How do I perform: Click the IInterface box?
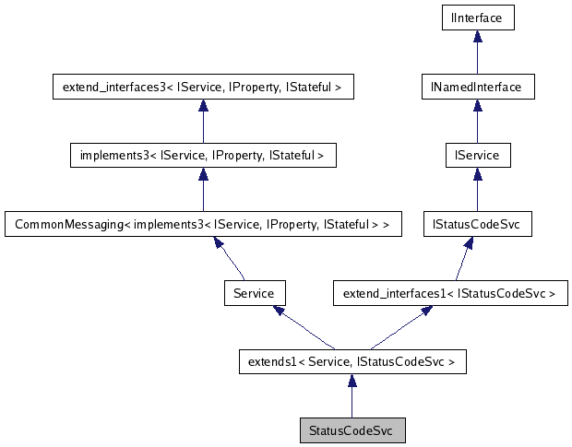click(477, 17)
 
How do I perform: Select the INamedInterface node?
click(477, 87)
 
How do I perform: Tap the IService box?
click(477, 155)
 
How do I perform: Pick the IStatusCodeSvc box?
click(477, 224)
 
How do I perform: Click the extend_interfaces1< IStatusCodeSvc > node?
click(449, 294)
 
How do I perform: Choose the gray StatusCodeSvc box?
click(352, 430)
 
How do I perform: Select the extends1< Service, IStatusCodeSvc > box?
click(352, 362)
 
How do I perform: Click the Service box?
click(254, 294)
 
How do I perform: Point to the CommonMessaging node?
click(203, 224)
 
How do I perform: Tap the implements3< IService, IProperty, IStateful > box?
click(203, 155)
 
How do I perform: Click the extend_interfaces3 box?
click(203, 87)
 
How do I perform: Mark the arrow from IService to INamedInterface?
click(477, 121)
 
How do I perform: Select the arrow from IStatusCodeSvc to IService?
click(477, 190)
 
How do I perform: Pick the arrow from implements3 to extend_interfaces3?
click(203, 121)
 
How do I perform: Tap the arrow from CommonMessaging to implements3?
click(203, 190)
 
